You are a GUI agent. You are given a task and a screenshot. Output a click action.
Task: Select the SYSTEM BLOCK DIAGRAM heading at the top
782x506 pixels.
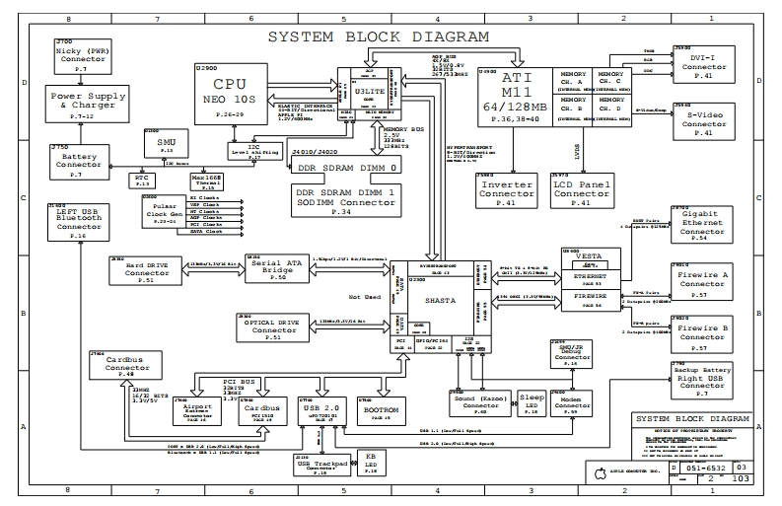click(379, 37)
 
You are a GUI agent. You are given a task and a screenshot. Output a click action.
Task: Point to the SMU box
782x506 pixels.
click(166, 147)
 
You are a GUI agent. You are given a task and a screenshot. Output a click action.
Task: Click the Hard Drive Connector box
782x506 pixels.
click(147, 269)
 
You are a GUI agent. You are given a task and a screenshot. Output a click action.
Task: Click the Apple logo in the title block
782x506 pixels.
click(600, 475)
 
